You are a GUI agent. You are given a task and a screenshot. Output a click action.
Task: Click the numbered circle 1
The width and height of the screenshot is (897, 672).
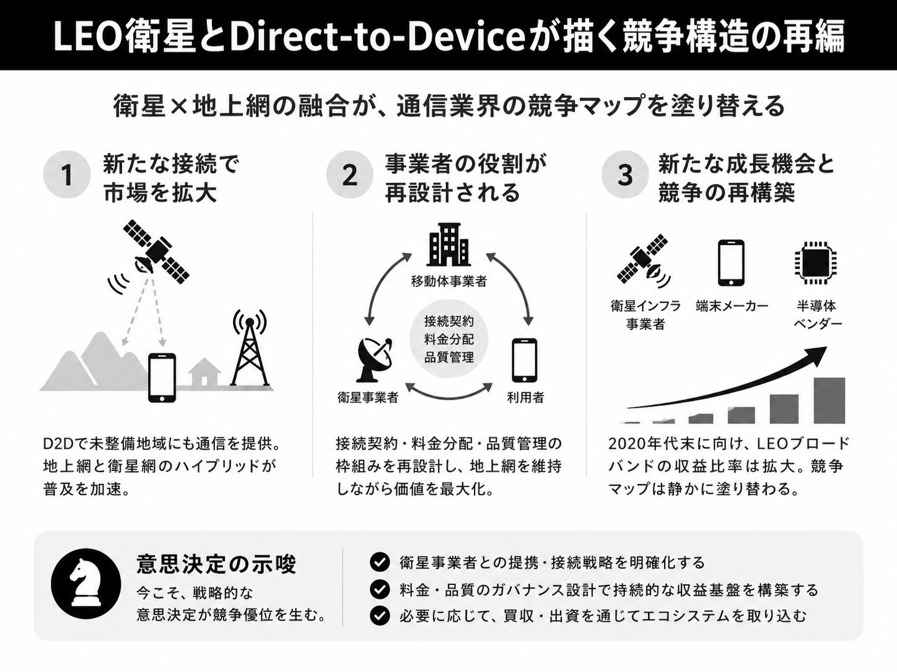[67, 176]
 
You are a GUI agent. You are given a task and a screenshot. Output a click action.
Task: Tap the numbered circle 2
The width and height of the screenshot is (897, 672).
[350, 176]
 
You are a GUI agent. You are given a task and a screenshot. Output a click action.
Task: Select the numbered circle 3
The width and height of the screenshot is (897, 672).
[625, 176]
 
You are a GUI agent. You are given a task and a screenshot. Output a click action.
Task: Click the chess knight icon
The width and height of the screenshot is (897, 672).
[86, 584]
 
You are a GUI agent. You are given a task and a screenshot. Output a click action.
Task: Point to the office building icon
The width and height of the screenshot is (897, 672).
[448, 244]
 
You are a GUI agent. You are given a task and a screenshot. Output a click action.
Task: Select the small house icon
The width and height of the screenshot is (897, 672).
[205, 372]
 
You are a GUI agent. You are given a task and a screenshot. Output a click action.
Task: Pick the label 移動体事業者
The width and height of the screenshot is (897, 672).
[448, 281]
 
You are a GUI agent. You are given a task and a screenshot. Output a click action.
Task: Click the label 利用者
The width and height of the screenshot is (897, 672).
[525, 397]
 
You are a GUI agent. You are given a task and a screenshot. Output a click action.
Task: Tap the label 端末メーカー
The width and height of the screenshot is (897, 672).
[732, 306]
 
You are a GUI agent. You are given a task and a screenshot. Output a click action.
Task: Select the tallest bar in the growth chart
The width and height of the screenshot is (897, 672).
[829, 401]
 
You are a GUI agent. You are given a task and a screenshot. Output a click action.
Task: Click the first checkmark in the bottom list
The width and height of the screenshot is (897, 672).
[380, 562]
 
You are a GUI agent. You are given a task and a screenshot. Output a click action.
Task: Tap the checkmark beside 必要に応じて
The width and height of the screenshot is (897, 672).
[380, 616]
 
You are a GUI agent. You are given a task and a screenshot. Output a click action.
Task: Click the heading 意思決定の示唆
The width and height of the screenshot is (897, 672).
[216, 564]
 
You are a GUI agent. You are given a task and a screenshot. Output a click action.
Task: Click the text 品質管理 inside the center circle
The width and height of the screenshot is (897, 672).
[448, 358]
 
